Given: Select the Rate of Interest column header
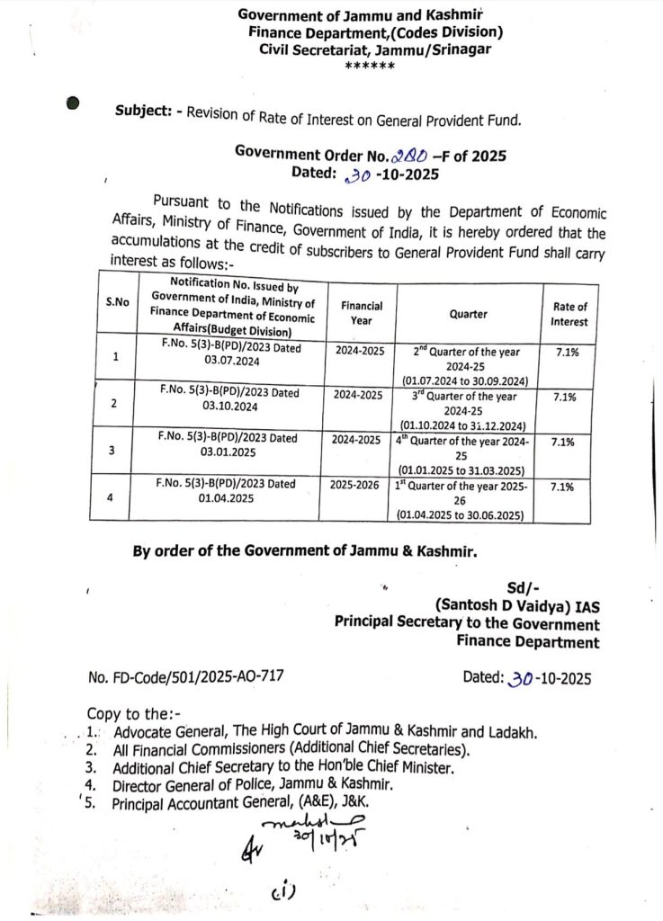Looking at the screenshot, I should click(x=569, y=314).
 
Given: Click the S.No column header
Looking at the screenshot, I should click(x=117, y=301).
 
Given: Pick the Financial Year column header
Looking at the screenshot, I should click(x=362, y=313).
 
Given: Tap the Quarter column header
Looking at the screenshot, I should click(x=468, y=314).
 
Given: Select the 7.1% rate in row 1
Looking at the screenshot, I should click(x=568, y=352).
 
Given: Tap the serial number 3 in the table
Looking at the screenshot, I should click(x=112, y=450).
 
